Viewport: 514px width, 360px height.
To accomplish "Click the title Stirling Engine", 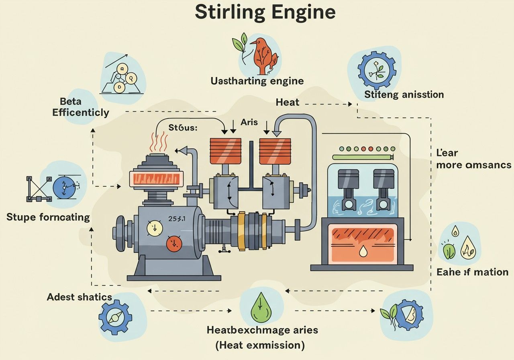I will point(265,12).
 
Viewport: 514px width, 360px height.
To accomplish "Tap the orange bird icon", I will point(262,55).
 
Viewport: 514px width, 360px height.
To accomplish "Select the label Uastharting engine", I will point(257,81).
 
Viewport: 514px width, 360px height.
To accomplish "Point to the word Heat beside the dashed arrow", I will point(288,102).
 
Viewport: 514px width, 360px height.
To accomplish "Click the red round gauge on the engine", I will point(174,243).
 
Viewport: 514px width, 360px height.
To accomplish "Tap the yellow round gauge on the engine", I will point(155,227).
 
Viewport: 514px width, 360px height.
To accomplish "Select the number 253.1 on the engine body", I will point(176,219).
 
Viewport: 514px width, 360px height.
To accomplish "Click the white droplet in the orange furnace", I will point(363,252).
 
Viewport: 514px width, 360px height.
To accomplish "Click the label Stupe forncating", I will point(48,217).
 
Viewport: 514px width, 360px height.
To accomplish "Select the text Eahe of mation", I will point(472,272).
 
